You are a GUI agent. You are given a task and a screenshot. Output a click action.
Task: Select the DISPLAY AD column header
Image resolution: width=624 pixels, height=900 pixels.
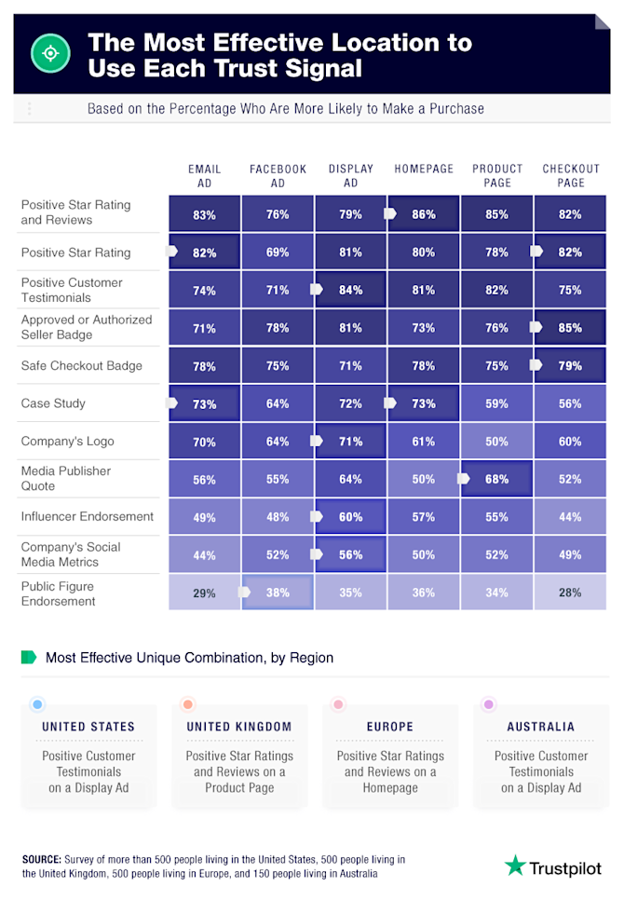coord(350,176)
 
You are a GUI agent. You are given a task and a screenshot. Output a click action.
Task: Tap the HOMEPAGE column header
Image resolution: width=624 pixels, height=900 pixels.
coord(424,170)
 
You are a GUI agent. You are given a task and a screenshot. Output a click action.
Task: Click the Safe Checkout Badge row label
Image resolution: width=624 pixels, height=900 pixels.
coord(82,366)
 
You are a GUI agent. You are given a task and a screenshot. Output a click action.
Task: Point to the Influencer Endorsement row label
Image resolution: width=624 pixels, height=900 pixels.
coord(88,516)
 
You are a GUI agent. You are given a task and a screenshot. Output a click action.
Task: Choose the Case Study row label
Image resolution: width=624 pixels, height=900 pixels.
coord(53,403)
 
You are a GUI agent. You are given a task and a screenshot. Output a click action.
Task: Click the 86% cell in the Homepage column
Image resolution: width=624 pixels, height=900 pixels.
coord(424,214)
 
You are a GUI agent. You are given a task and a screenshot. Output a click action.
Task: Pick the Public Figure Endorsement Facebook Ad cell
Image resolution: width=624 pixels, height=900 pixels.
coord(278,592)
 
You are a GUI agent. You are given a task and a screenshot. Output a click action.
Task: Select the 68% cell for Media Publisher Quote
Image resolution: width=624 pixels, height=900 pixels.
coord(496,480)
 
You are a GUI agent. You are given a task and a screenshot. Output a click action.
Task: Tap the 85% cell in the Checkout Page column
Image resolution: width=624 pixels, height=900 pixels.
coord(570,328)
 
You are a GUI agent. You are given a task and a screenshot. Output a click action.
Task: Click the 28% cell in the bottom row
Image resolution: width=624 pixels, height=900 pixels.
coord(570,592)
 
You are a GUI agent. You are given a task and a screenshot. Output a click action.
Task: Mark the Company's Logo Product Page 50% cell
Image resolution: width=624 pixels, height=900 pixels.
coord(496,442)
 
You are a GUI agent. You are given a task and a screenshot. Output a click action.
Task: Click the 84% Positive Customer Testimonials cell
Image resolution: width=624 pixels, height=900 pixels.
coord(351,290)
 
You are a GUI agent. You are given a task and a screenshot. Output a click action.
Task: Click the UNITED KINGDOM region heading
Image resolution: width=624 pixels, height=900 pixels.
coord(239,727)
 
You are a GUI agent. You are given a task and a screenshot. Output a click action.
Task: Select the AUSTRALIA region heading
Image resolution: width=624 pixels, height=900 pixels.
coord(540,727)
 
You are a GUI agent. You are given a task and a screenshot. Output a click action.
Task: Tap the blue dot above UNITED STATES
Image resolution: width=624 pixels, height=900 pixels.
coord(36,705)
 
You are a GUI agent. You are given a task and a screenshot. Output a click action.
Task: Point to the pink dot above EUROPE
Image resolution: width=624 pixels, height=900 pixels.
coord(338,705)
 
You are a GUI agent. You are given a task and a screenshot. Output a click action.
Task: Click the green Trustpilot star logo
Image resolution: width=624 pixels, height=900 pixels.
coord(515,866)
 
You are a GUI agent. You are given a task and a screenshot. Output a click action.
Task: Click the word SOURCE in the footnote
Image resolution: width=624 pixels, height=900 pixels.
coord(41,859)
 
